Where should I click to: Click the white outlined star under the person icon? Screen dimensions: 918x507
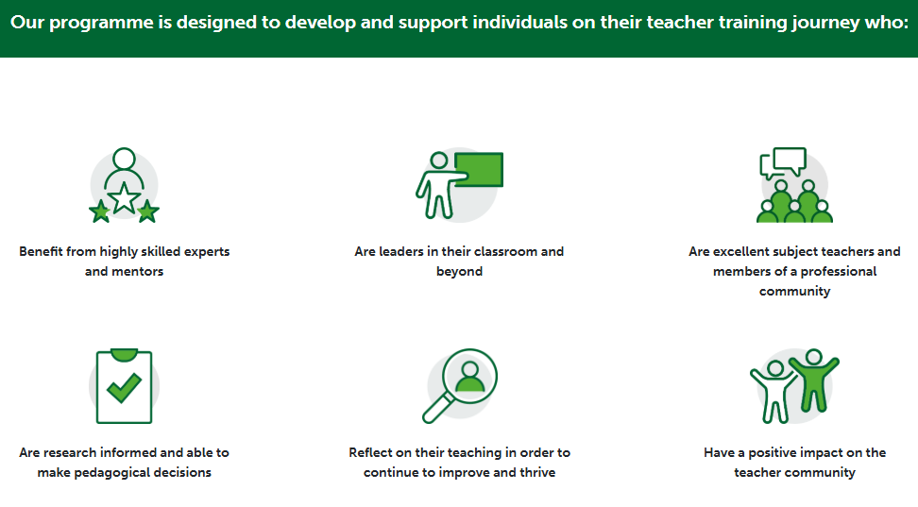click(124, 197)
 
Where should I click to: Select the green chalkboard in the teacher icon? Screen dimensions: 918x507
click(479, 169)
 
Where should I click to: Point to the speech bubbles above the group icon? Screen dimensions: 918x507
click(783, 162)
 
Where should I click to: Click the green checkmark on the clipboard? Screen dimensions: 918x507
click(124, 388)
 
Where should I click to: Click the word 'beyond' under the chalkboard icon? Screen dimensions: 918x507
click(460, 272)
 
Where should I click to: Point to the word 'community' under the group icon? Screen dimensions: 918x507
click(794, 292)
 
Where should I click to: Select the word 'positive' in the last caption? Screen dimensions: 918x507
click(772, 452)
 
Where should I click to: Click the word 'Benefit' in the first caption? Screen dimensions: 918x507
click(41, 251)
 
